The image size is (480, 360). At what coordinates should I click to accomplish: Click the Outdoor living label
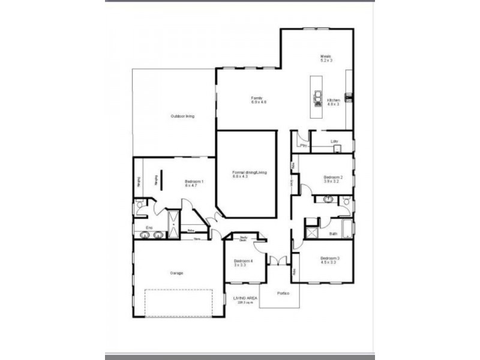(182, 116)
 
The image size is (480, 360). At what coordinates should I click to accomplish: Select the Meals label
(326, 58)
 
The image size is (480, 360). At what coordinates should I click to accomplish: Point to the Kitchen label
(334, 101)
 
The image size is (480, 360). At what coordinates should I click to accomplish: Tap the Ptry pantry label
(304, 145)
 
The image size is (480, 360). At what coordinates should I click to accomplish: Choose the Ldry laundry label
(334, 142)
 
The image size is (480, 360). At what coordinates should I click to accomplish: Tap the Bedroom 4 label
(243, 262)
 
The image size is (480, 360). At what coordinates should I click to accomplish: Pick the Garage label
(176, 273)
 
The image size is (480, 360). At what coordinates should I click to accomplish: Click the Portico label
(283, 293)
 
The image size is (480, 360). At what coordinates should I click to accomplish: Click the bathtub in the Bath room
(347, 230)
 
